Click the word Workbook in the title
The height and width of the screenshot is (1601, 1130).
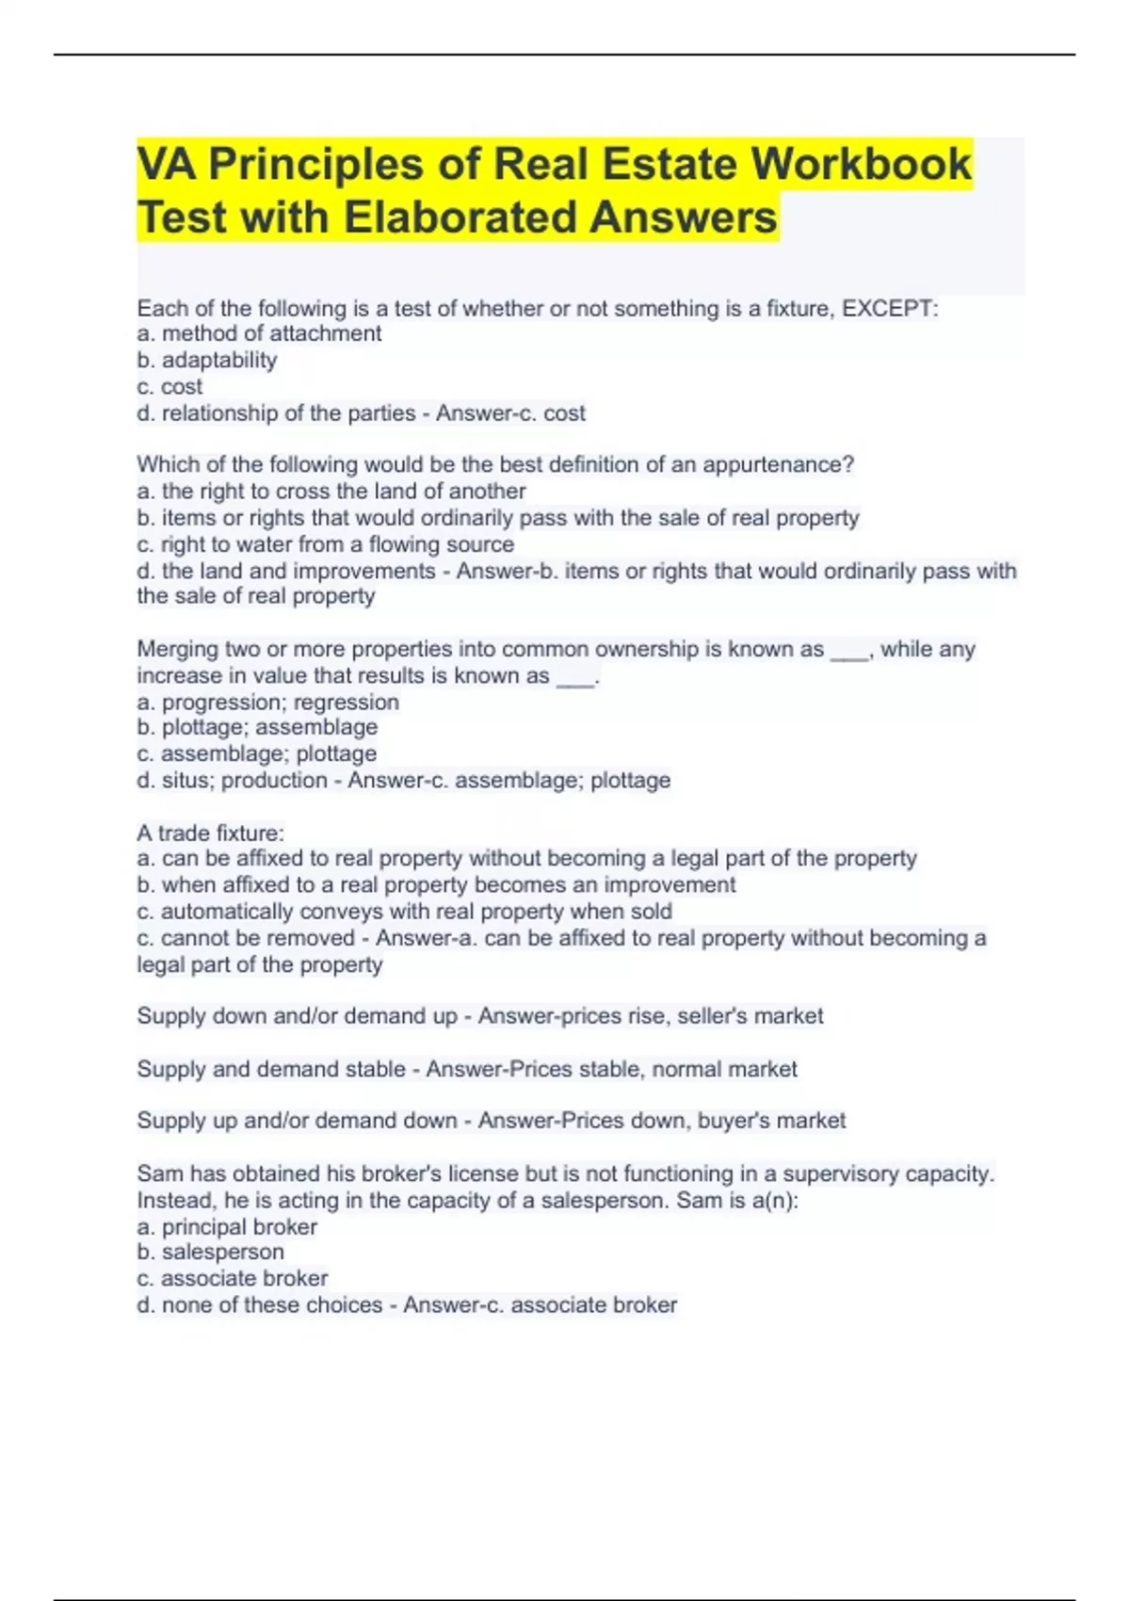(x=860, y=164)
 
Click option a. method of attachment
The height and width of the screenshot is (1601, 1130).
(x=259, y=333)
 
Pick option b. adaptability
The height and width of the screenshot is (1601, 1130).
(x=207, y=360)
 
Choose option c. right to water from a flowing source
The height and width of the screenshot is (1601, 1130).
(x=326, y=544)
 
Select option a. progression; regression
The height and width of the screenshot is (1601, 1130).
(x=268, y=703)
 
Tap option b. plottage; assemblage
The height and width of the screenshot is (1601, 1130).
(x=257, y=727)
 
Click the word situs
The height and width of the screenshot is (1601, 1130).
(x=186, y=781)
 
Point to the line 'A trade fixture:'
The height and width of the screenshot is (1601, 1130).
(x=210, y=833)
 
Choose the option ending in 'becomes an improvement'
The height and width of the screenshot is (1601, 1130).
(x=436, y=885)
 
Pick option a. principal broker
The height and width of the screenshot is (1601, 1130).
(x=227, y=1227)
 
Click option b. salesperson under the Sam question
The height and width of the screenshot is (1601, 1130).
(x=210, y=1253)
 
